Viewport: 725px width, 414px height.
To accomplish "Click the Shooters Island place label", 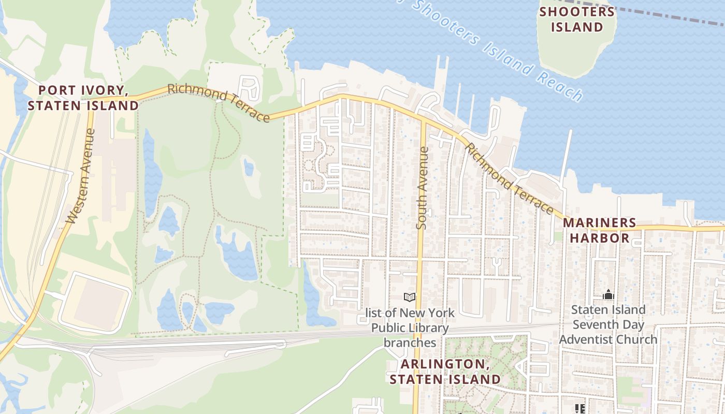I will pyautogui.click(x=577, y=19).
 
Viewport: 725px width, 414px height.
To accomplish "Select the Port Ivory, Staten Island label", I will pyautogui.click(x=83, y=98).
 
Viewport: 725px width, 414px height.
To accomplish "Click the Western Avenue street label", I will pyautogui.click(x=82, y=176).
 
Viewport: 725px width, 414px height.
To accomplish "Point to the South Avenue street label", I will pyautogui.click(x=423, y=188).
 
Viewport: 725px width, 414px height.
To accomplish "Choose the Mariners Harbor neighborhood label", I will pyautogui.click(x=599, y=230).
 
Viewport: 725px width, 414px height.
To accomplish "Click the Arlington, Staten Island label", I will pyautogui.click(x=445, y=372).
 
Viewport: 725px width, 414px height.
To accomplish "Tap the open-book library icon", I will pyautogui.click(x=410, y=297).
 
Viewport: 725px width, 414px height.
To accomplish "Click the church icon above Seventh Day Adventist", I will pyautogui.click(x=608, y=295).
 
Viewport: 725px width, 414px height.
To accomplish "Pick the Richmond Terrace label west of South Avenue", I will pyautogui.click(x=219, y=103).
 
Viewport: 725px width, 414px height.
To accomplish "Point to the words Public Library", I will pyautogui.click(x=410, y=328).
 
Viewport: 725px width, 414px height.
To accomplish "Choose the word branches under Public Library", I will pyautogui.click(x=410, y=343).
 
